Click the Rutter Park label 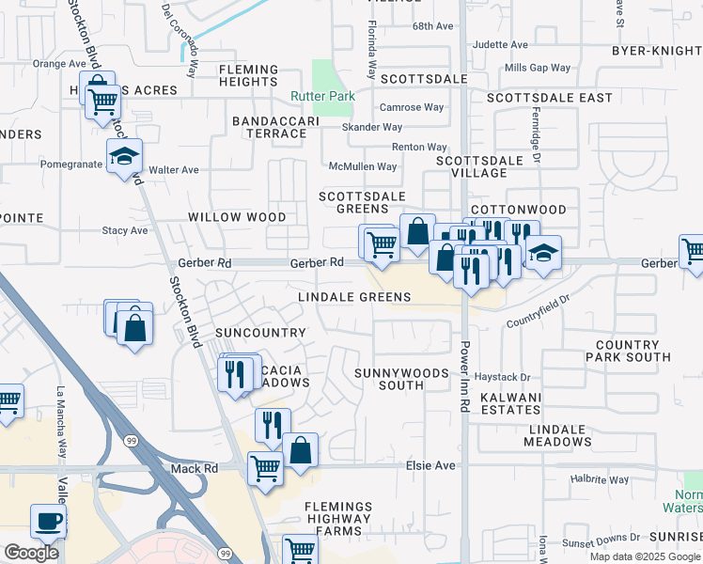[309, 97]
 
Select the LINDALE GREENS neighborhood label [354, 297]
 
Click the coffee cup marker [48, 521]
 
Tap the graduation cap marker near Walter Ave [124, 158]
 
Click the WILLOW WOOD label [237, 217]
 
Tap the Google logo [32, 553]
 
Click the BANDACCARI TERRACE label [269, 127]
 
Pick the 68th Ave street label [432, 25]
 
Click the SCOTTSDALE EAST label [549, 98]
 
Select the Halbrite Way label [600, 479]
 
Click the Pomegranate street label [70, 164]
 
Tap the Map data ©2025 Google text [644, 556]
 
